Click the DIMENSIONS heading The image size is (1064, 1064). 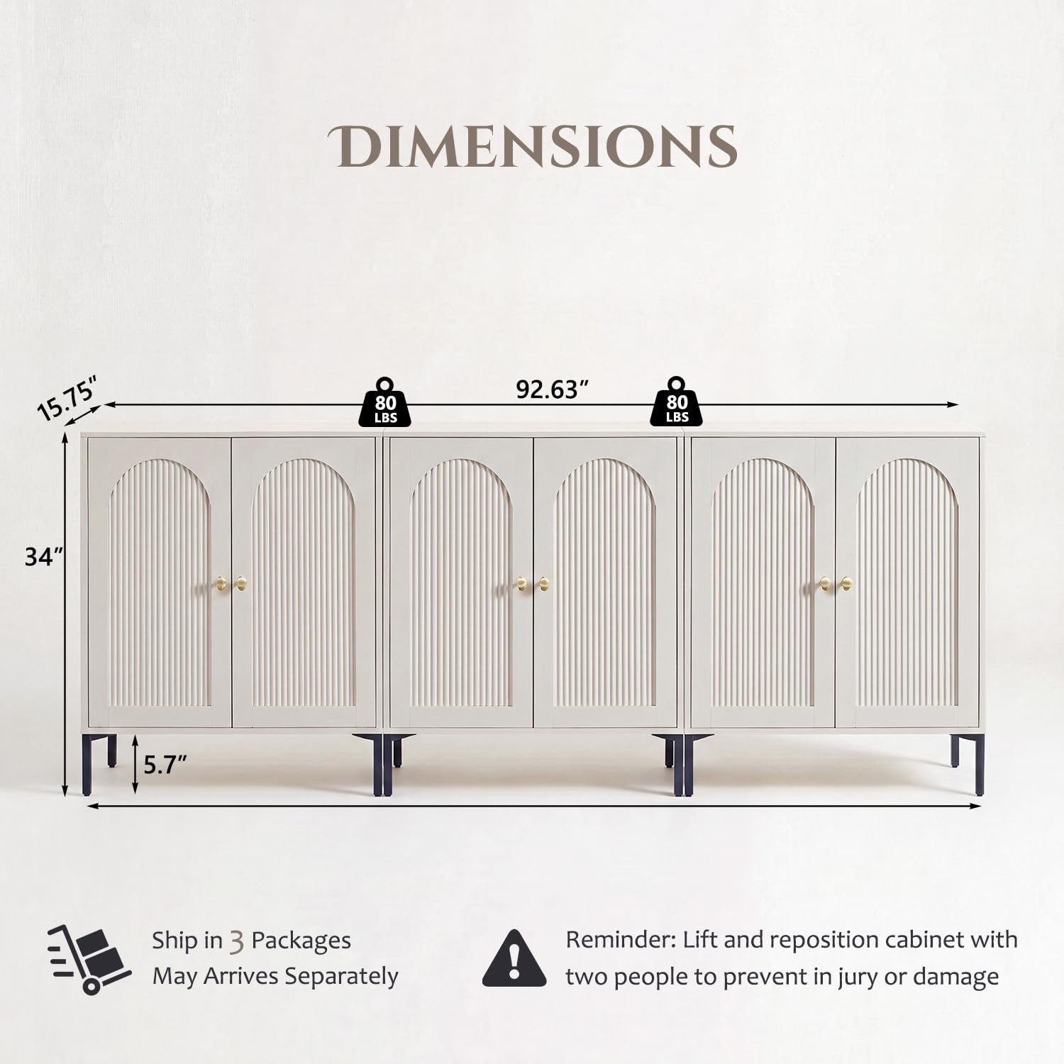coord(532,147)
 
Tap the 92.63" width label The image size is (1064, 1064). coord(553,389)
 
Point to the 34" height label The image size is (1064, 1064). coord(44,557)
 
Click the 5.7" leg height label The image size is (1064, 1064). coord(165,764)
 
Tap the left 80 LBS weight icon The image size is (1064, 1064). coord(385,402)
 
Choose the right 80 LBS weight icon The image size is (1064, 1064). coord(677,402)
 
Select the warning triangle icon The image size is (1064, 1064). coord(514,958)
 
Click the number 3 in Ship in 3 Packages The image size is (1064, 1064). coord(237,942)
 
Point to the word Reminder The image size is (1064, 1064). coord(621,940)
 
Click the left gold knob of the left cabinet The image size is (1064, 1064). coord(220,582)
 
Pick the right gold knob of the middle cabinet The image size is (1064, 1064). coord(544,584)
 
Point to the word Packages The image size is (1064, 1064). coord(301,941)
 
